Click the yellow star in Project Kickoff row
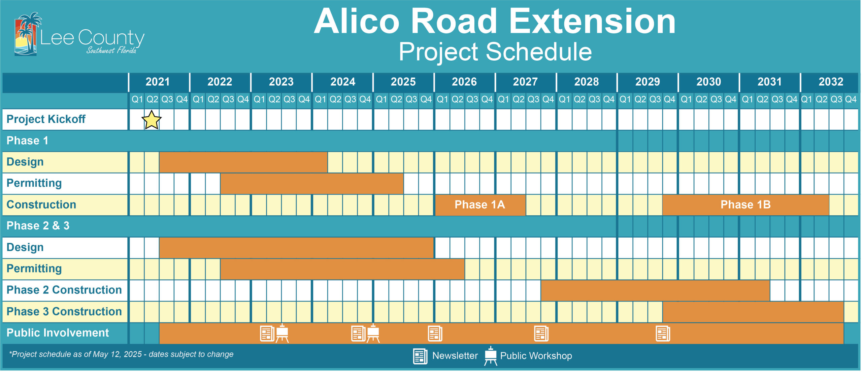(152, 120)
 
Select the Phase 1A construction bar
(480, 205)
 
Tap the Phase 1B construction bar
(745, 205)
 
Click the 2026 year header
(464, 82)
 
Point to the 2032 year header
(831, 82)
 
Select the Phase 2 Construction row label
(64, 290)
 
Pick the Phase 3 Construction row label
(64, 312)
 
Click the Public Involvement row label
(58, 333)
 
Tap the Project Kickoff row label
(46, 119)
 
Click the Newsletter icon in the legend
(420, 356)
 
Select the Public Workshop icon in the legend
(491, 356)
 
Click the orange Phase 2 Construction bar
(655, 290)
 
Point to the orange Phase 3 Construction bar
(753, 312)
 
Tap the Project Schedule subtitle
(495, 52)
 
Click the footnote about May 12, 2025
(121, 354)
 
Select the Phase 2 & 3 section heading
(38, 226)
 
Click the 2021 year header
(158, 82)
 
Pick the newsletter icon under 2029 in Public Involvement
(663, 334)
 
